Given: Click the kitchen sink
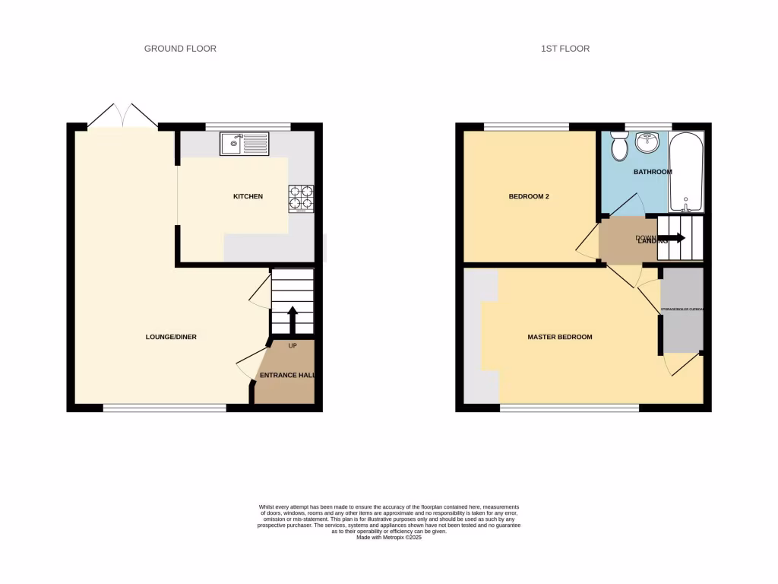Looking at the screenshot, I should point(244,142).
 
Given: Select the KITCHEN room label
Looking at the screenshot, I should point(248,197).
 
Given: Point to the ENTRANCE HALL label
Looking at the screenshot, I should point(286,376).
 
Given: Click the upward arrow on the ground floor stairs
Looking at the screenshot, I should point(292,319).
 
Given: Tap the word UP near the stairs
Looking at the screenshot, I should point(293,346).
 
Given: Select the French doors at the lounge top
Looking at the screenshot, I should point(122,116).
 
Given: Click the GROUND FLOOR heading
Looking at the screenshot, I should point(180,49).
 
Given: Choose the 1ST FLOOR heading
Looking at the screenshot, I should point(565,49).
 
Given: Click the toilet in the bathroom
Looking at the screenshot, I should point(619,145).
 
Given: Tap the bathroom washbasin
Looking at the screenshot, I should point(648,142).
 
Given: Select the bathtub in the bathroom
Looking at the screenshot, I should point(686,172).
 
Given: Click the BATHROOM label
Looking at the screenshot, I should point(653,172).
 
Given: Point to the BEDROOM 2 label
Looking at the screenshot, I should point(529,197).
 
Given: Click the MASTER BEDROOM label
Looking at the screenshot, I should point(560,337).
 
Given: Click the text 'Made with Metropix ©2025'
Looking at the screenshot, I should point(389,538).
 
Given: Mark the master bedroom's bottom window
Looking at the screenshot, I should point(569,408).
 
